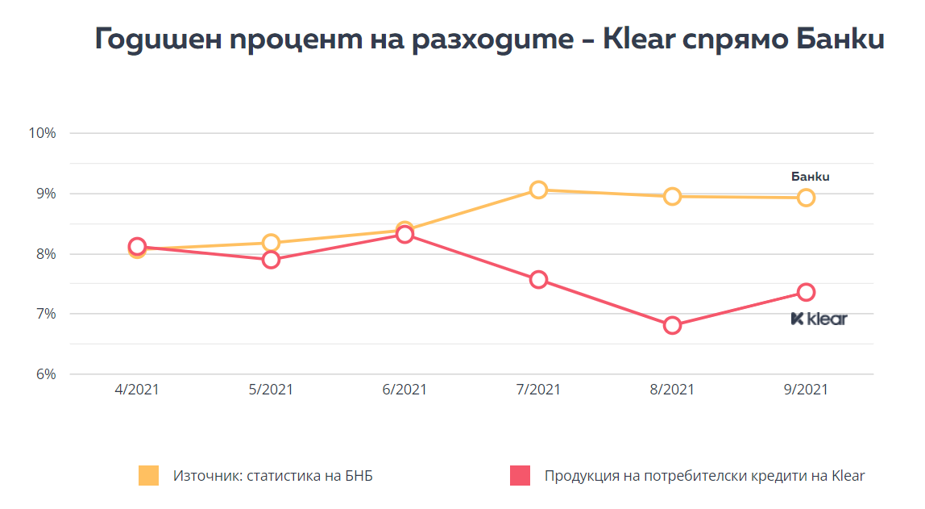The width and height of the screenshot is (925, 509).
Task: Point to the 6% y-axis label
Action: tap(44, 374)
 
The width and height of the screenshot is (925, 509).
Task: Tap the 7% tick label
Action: tap(44, 314)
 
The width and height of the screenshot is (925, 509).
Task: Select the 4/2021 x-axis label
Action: tap(137, 390)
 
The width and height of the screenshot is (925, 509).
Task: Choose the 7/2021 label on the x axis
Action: tap(538, 390)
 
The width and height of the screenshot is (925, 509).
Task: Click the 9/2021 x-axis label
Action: tap(806, 390)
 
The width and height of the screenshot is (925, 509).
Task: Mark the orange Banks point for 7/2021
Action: tap(538, 190)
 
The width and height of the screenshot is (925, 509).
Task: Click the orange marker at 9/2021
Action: tap(806, 198)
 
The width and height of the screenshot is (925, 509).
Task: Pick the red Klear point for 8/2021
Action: tap(672, 326)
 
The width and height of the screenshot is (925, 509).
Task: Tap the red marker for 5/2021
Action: tap(271, 260)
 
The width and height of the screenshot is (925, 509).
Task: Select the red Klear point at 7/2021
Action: tap(538, 280)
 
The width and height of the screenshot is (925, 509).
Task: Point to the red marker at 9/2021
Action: tap(806, 292)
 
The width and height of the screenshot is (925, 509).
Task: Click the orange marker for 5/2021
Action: tap(271, 243)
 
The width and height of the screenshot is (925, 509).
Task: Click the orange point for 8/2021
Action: tap(672, 196)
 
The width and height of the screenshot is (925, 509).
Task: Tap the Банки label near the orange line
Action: tap(810, 177)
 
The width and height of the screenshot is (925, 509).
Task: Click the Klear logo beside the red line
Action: tap(819, 319)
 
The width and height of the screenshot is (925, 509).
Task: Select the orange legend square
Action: tap(148, 476)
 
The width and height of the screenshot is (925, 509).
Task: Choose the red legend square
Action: tap(520, 476)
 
